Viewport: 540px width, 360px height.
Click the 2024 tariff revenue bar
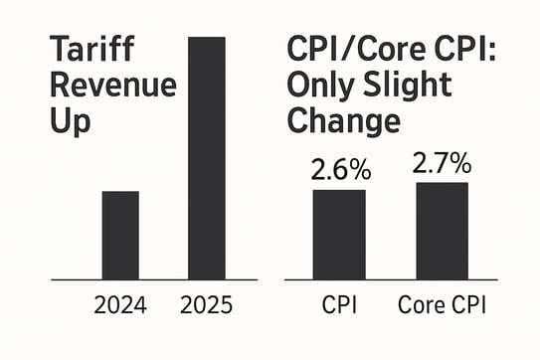tap(120, 235)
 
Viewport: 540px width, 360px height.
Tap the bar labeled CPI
tap(339, 234)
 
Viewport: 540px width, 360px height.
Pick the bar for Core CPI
tap(442, 231)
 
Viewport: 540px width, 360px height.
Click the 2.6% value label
tap(340, 170)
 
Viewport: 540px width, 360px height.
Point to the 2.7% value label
tap(443, 162)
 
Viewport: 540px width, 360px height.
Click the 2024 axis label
tap(120, 306)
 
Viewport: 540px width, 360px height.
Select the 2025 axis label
tap(207, 306)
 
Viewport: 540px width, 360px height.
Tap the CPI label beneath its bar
tap(339, 306)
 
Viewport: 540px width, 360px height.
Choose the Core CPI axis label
tap(442, 306)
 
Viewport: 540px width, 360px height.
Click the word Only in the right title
tap(319, 87)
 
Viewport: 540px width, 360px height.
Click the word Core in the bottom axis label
tap(421, 306)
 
